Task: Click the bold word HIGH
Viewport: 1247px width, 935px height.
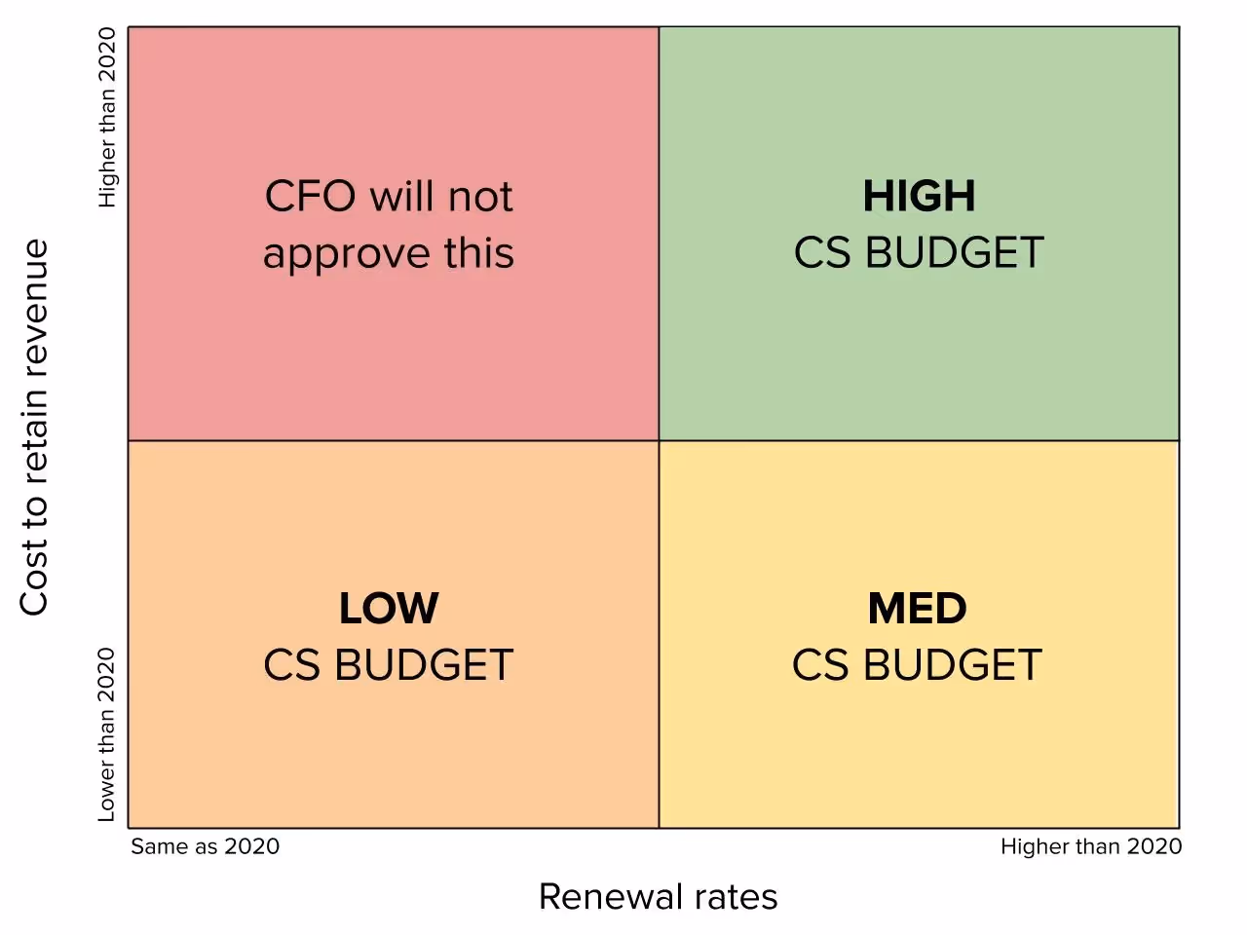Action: coord(919,197)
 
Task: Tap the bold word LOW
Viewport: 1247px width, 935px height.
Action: coord(389,610)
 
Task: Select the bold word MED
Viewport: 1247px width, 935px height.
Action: coord(918,610)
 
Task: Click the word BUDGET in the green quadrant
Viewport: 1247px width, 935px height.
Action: coord(955,253)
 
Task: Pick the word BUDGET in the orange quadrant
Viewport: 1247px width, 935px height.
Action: coord(424,666)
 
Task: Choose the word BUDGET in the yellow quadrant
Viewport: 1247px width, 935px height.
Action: coord(953,666)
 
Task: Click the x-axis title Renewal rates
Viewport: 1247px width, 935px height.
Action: coord(658,897)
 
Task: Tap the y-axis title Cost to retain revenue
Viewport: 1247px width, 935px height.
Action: coord(34,427)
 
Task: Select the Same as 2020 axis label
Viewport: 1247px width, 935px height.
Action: coord(206,846)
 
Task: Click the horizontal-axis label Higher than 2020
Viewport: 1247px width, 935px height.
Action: coord(1091,846)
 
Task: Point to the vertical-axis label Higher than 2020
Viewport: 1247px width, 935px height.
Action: coord(107,117)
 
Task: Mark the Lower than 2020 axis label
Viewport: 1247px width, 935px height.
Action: coord(107,734)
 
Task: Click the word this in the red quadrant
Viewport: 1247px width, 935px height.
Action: coord(479,253)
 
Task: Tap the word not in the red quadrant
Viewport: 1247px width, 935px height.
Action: coord(480,197)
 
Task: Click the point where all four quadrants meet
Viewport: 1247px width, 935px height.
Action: coord(660,440)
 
